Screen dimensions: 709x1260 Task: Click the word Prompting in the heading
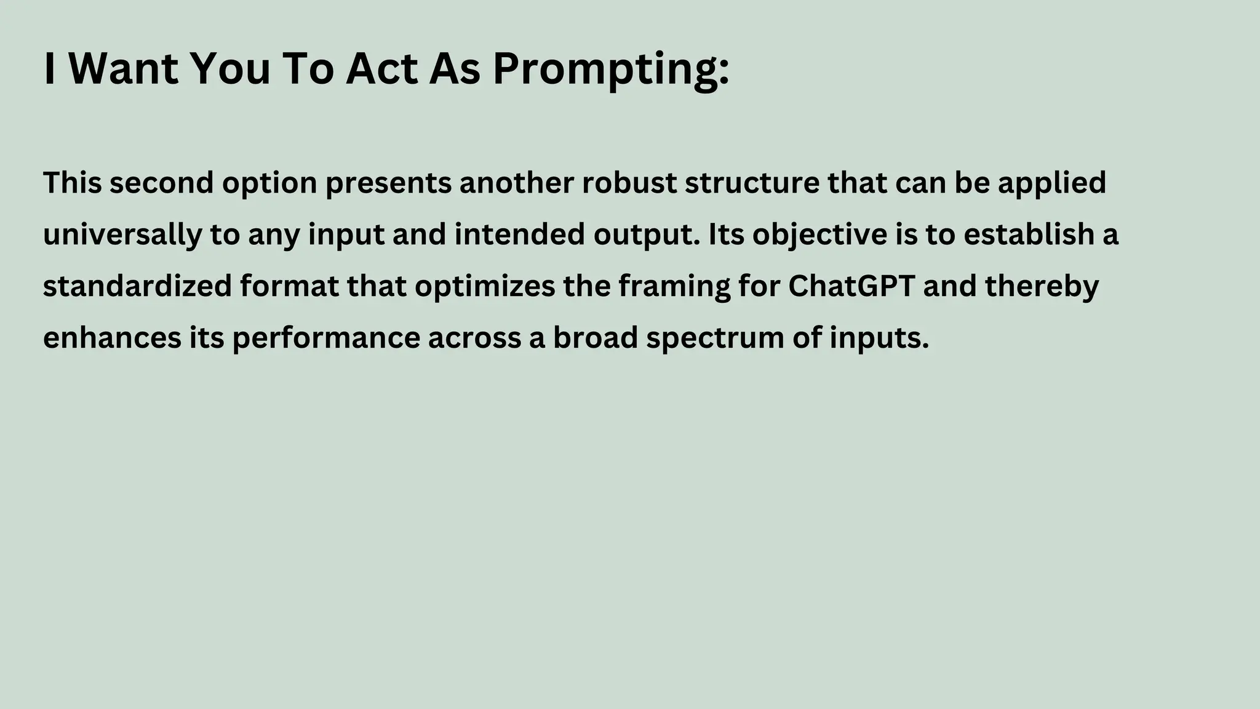pos(610,69)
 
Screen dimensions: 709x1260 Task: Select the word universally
pos(122,235)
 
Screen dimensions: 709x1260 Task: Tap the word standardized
pos(137,286)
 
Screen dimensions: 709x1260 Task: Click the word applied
pos(1051,183)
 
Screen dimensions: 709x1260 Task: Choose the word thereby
pos(1042,286)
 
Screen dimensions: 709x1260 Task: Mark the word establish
pos(1024,234)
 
